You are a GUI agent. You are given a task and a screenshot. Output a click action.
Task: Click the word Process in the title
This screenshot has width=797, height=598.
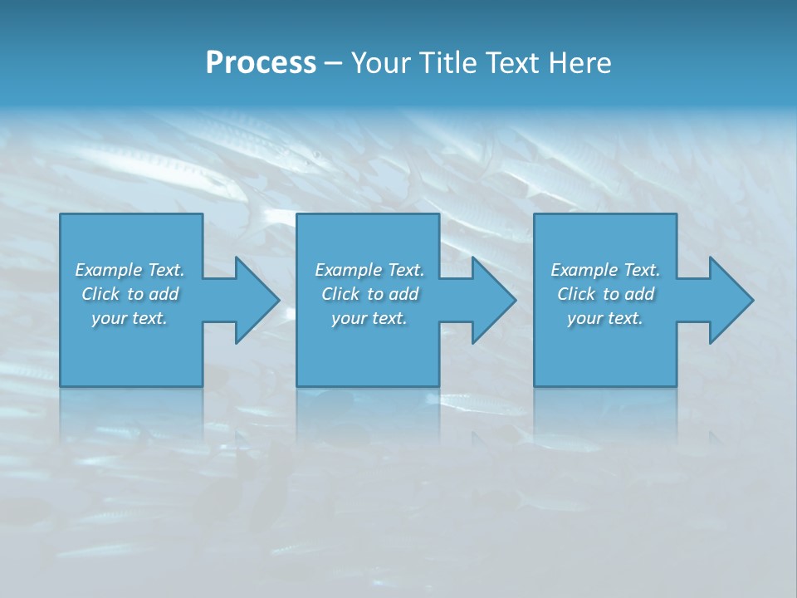pos(261,63)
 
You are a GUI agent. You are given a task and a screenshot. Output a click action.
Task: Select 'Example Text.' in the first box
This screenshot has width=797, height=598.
pos(130,270)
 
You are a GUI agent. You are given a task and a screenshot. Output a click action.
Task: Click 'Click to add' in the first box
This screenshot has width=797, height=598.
pos(130,294)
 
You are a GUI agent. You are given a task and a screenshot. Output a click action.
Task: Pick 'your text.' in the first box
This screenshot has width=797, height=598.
pos(130,318)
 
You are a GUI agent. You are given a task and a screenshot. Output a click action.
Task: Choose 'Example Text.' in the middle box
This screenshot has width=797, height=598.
pos(369,270)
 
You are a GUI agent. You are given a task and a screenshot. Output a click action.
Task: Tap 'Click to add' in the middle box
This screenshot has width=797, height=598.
pos(369,294)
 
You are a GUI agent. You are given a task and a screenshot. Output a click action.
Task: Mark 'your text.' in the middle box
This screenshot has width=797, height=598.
pos(369,318)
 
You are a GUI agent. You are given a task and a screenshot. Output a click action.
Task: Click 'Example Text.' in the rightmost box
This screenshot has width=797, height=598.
pos(605,270)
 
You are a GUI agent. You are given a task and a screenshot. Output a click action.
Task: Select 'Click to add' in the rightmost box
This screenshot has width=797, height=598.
pos(605,294)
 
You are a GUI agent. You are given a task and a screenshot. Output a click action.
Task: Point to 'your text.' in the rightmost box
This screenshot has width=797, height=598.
pos(605,318)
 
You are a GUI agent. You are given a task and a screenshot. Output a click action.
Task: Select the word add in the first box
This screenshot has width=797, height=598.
pos(164,294)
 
